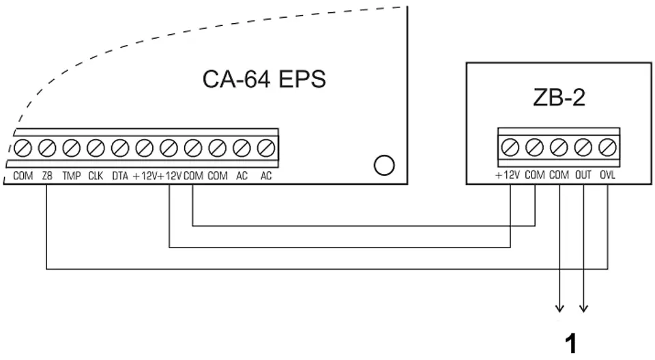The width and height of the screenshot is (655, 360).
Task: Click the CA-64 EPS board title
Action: pyautogui.click(x=264, y=79)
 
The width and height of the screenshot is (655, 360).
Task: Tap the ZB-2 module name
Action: pyautogui.click(x=559, y=97)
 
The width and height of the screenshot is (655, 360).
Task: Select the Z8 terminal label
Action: pyautogui.click(x=47, y=176)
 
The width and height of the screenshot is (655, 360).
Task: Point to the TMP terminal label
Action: pyautogui.click(x=72, y=176)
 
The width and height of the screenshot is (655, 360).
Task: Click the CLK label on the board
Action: pyautogui.click(x=96, y=176)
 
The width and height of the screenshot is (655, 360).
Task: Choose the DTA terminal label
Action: pyautogui.click(x=120, y=176)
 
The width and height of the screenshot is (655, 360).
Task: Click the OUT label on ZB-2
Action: pyautogui.click(x=583, y=175)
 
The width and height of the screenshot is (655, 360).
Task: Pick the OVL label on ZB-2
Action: pyautogui.click(x=607, y=175)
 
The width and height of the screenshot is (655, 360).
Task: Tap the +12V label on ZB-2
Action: pyautogui.click(x=508, y=175)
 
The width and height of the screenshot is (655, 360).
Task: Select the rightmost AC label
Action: pyautogui.click(x=266, y=176)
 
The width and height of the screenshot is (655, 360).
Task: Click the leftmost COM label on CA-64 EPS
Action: pyautogui.click(x=23, y=176)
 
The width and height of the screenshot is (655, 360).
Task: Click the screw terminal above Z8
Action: pyautogui.click(x=47, y=148)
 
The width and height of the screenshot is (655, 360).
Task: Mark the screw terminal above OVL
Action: pyautogui.click(x=607, y=147)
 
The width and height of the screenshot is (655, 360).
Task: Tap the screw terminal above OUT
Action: pyautogui.click(x=583, y=147)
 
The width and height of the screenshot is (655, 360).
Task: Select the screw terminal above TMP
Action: pyautogui.click(x=72, y=148)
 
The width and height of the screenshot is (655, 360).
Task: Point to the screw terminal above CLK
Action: pyautogui.click(x=96, y=148)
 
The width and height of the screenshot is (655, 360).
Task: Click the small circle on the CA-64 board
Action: pyautogui.click(x=384, y=166)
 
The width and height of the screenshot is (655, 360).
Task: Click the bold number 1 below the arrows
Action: pyautogui.click(x=570, y=344)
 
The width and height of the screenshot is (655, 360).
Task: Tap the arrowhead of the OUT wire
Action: pyautogui.click(x=583, y=309)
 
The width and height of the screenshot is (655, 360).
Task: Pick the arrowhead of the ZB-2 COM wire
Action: pyautogui.click(x=559, y=309)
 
